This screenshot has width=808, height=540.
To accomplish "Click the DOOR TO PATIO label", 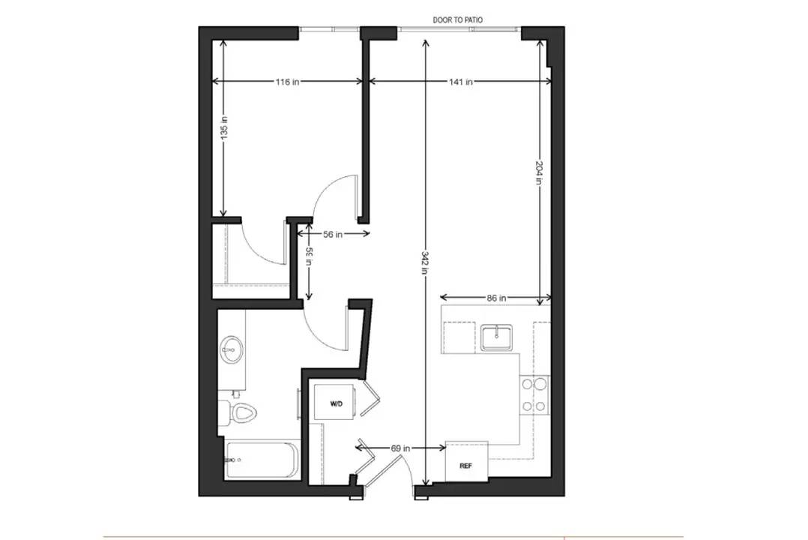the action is [457, 20].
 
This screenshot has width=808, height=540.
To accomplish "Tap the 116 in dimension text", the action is [287, 82].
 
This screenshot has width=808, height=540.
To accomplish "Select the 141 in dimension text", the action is [461, 82].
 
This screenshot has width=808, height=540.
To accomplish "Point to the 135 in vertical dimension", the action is [223, 127].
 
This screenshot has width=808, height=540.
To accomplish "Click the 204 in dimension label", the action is [539, 173].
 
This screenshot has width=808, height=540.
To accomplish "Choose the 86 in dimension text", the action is [496, 298].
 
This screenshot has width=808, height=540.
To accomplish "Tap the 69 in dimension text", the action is [400, 448].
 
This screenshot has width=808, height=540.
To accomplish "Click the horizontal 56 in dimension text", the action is [333, 234].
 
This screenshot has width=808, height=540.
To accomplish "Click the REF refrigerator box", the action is [466, 461].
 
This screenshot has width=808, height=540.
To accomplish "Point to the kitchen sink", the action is [496, 337].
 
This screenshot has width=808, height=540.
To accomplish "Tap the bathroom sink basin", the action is [232, 349].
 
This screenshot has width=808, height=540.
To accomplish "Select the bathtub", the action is [262, 460].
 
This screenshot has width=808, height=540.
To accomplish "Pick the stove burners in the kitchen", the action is [534, 395].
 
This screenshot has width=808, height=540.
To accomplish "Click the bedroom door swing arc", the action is [322, 189].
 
